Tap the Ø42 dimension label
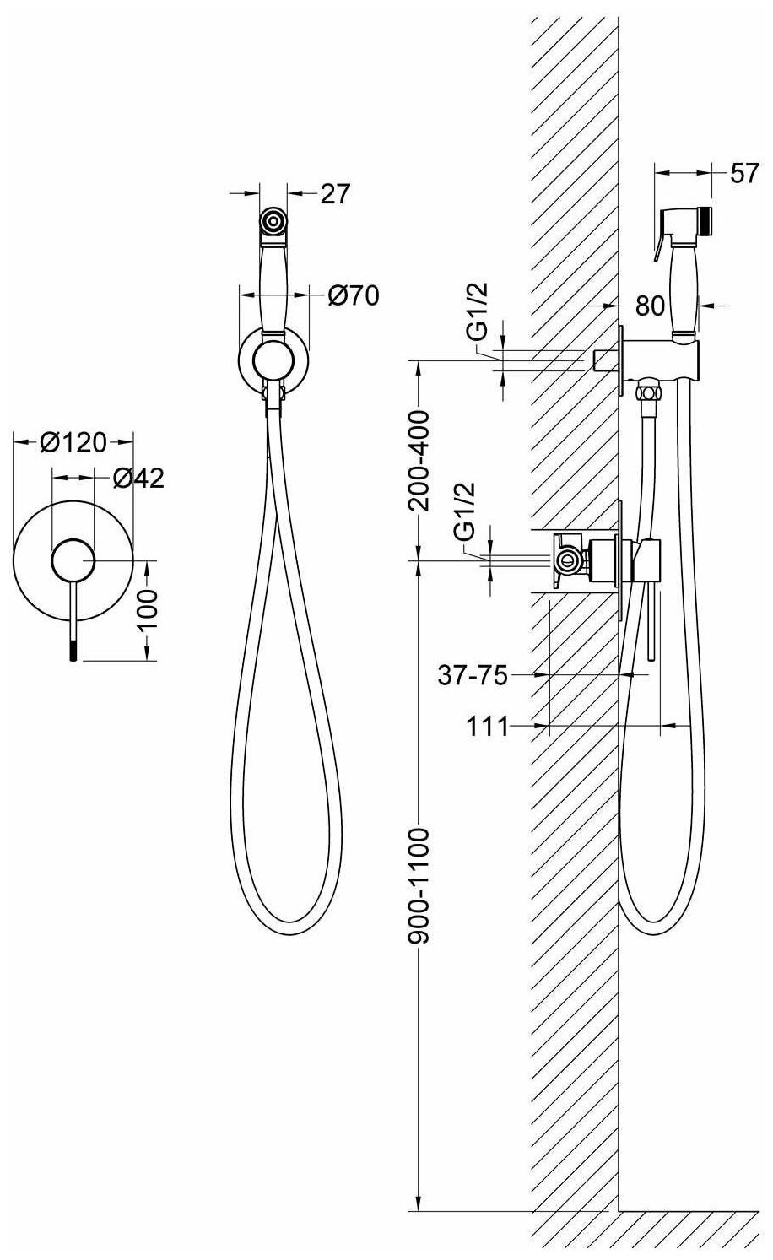click(138, 479)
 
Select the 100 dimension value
click(149, 606)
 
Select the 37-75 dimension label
click(473, 675)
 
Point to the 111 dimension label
click(489, 726)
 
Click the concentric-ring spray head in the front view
click(273, 222)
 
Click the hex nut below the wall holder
click(649, 392)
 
